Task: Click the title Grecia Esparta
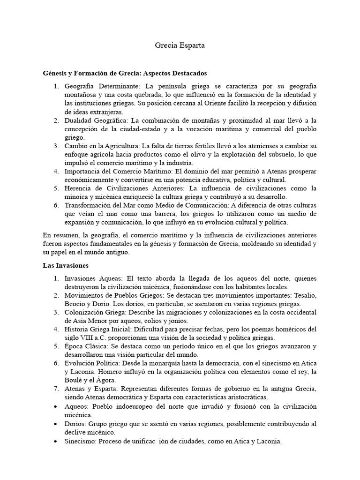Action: click(x=180, y=46)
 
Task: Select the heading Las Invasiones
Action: click(x=63, y=265)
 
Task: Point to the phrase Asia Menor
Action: click(x=91, y=321)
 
